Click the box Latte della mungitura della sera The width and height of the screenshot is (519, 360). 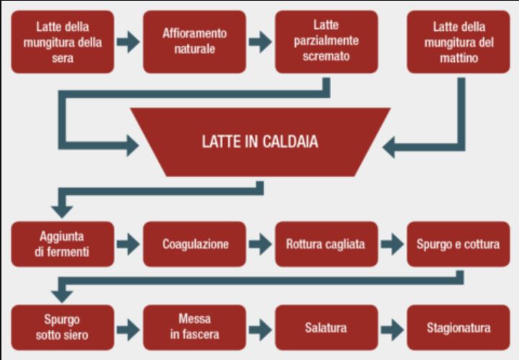[x=63, y=42]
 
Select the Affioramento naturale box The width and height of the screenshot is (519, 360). [x=194, y=42]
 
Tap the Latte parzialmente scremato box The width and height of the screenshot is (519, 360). [x=326, y=42]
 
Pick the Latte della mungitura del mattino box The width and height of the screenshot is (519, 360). [x=458, y=42]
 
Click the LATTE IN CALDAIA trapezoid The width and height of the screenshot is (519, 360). [x=259, y=142]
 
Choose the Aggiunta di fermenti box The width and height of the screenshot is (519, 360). [x=63, y=244]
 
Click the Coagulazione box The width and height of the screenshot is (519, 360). [x=194, y=244]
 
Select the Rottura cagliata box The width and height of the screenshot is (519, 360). [x=326, y=244]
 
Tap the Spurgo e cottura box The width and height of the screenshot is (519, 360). [x=458, y=244]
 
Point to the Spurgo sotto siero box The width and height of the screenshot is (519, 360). [x=63, y=328]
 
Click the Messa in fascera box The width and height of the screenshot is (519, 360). [x=194, y=328]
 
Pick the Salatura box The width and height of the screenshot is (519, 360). [x=326, y=328]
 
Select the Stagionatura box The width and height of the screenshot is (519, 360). [x=458, y=328]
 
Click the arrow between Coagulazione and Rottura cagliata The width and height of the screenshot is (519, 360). [x=260, y=244]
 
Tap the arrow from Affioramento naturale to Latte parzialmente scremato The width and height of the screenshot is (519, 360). [x=260, y=42]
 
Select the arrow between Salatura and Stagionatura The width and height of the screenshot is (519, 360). [x=392, y=329]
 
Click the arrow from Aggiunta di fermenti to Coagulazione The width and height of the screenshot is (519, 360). [x=128, y=244]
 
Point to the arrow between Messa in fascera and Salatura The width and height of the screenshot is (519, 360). [x=260, y=329]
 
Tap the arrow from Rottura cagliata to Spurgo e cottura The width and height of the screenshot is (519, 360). [x=392, y=244]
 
